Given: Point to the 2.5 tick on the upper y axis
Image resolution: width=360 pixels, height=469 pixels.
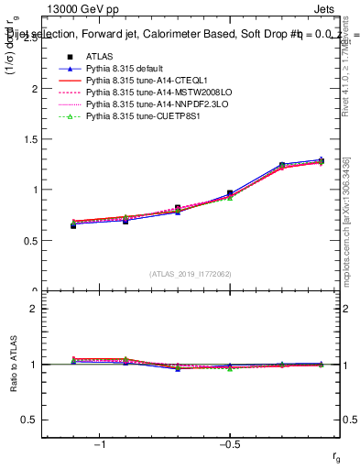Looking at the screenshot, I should pyautogui.click(x=32, y=39).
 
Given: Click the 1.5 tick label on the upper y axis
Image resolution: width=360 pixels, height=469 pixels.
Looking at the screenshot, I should pyautogui.click(x=32, y=140).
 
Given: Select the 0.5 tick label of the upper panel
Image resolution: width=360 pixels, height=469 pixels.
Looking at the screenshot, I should pyautogui.click(x=32, y=241).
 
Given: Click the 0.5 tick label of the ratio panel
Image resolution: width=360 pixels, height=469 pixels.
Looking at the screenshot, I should pyautogui.click(x=32, y=420).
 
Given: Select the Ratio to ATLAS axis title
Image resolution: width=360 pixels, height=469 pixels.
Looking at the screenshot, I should pyautogui.click(x=14, y=365).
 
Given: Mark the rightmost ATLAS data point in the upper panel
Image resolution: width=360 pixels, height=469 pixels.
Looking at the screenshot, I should pyautogui.click(x=319, y=161).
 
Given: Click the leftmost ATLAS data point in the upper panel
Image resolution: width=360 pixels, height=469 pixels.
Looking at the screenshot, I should pyautogui.click(x=73, y=224).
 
